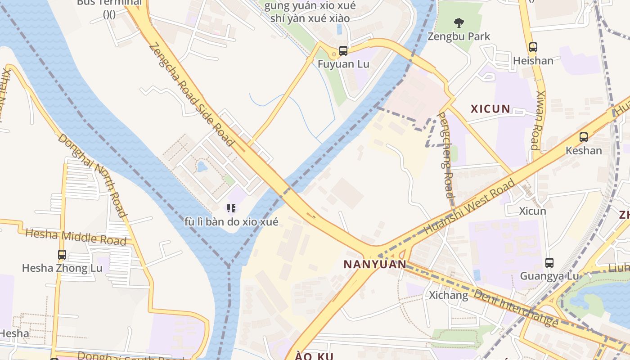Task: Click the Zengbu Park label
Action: pos(459,36)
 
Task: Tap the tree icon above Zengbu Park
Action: pos(459,22)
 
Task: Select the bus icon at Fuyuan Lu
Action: pos(343,51)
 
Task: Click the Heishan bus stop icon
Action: pos(533,47)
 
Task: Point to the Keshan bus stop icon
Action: pos(584,137)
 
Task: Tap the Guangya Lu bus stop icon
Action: pos(549,262)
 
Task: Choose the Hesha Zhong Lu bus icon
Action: pos(62,255)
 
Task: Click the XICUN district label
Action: pos(490,109)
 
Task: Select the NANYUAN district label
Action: pos(375,264)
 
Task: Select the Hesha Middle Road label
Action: pos(76,237)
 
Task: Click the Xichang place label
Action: pos(448,296)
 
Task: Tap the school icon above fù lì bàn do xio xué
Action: pos(231,208)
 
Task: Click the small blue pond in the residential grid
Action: pos(202,167)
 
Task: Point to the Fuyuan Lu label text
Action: pos(343,64)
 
